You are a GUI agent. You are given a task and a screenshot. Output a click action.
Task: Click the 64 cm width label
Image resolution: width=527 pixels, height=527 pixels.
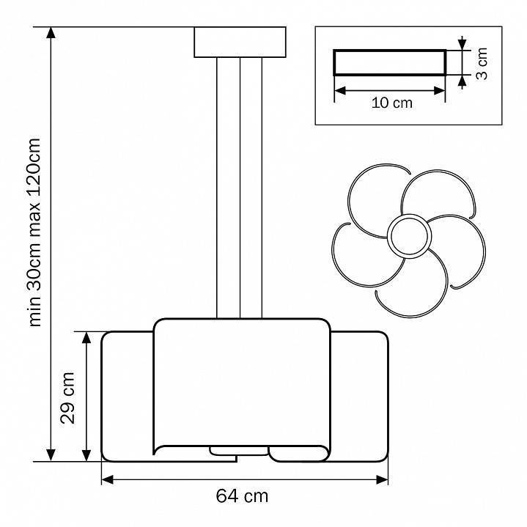coord(242,496)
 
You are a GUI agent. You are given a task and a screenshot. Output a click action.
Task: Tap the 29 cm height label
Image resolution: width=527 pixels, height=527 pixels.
coord(67,398)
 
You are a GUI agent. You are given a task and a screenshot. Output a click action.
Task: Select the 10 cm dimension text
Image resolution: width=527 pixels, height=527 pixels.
coord(392,103)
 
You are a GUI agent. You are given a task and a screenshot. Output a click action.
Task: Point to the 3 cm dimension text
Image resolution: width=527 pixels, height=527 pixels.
coord(482,63)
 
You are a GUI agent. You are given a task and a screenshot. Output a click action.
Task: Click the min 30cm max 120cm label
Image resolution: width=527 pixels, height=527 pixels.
coord(34,232)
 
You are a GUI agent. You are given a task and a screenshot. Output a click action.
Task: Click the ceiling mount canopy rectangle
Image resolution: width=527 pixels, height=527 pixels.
coord(240,42)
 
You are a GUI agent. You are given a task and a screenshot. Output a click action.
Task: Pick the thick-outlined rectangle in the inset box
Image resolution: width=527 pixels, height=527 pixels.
coord(390,62)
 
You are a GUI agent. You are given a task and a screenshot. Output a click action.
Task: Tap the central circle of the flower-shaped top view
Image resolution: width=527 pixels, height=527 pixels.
coord(410,236)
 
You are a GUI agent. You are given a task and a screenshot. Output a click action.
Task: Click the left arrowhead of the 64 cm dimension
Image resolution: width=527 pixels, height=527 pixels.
coord(107,479)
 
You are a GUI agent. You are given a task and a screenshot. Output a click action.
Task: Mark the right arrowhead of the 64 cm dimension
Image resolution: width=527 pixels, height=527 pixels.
coord(382,479)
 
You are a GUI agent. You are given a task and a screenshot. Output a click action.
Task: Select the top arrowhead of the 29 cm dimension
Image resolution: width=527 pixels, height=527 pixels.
coord(86,337)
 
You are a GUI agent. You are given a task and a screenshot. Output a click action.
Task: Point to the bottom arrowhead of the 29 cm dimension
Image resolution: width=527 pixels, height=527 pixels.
coord(86,455)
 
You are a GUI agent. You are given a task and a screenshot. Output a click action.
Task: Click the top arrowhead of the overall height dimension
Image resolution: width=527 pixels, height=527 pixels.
coord(51,33)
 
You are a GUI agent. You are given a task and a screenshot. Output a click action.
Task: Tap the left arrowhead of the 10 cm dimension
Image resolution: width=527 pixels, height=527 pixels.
coord(341,90)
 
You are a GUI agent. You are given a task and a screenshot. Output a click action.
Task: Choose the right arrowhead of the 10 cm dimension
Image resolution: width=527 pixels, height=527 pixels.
coord(439,90)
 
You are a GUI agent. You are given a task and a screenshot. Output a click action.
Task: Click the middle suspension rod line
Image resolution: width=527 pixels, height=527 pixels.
coord(240,188)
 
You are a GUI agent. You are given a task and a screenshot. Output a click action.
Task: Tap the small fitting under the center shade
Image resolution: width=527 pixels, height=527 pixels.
coord(239,451)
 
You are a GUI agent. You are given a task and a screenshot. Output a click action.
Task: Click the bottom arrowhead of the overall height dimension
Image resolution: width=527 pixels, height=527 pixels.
coord(51,455)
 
